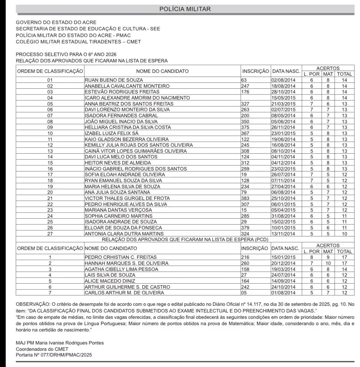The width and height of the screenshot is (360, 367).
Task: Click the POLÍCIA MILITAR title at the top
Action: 185,9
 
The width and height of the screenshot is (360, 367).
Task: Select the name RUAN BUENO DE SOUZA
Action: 114,80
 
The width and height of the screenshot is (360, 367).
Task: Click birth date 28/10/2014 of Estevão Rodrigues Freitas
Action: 283,92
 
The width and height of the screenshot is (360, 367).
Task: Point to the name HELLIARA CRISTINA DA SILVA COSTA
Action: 128,127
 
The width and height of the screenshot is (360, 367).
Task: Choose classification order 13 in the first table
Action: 50,151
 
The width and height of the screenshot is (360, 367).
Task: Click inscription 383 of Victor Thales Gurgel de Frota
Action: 245,198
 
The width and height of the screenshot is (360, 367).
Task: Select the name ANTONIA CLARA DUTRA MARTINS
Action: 124,234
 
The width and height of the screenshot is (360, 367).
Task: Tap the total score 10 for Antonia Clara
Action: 344,234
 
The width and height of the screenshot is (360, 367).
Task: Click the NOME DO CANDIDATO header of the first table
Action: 162,71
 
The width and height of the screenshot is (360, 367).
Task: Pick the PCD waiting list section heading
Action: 185,240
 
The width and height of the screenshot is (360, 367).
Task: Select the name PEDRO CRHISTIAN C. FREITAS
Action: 121,257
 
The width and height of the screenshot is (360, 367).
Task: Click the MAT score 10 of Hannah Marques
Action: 328,263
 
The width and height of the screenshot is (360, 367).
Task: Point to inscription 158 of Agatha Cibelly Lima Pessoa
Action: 245,269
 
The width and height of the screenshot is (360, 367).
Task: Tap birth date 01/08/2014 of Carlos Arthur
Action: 283,293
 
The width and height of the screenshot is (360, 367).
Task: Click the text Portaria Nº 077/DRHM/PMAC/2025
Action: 54,355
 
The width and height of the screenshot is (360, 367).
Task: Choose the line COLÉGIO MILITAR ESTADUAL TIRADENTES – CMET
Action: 78,42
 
